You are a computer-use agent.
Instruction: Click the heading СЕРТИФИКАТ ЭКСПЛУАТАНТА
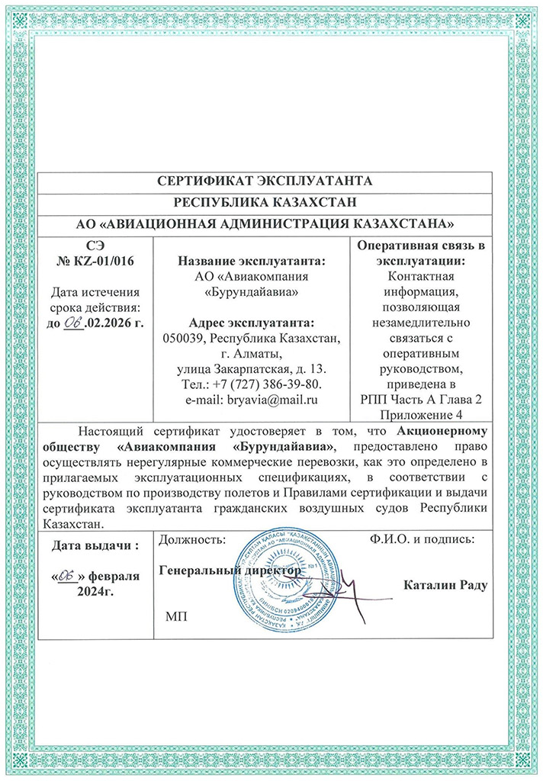(x=264, y=182)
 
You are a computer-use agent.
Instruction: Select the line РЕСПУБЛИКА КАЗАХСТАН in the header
(x=264, y=203)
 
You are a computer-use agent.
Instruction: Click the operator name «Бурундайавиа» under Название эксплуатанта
(x=252, y=291)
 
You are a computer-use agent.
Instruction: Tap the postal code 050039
(x=185, y=337)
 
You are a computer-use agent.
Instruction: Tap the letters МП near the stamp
(x=175, y=615)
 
